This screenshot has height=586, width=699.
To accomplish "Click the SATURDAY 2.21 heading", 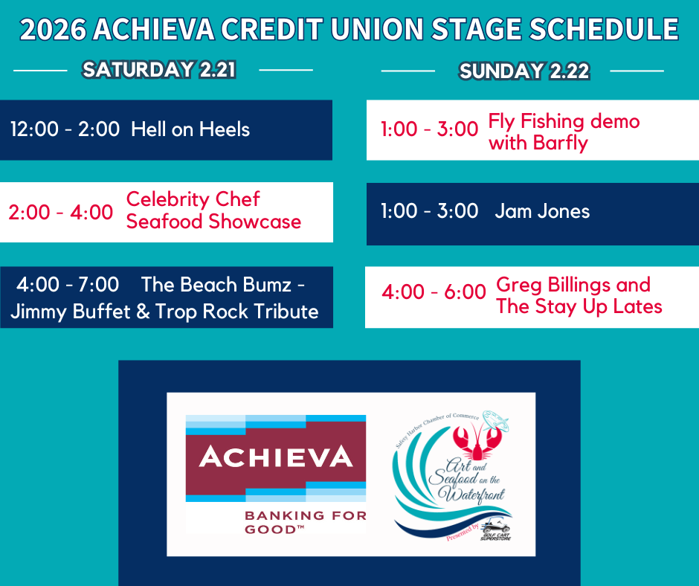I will coord(159,70).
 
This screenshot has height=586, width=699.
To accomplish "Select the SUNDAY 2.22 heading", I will coord(524,71).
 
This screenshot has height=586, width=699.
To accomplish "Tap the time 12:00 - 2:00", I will coord(65,129).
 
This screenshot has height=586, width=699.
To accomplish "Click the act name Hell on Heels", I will coord(190,129).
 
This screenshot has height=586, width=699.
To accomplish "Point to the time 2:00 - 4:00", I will coord(61,212).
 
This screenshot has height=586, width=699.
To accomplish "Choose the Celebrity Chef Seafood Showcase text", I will coord(213,210).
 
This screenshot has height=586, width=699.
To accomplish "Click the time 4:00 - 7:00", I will coord(68,285).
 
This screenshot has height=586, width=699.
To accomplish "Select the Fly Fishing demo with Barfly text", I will coord(564,132).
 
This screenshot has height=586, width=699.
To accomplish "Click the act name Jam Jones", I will coord(542,211).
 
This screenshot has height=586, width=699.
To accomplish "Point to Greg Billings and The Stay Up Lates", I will coord(579,295).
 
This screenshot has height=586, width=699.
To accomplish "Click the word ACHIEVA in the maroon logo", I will coord(275,456).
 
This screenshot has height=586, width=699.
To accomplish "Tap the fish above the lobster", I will coord(495,421).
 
